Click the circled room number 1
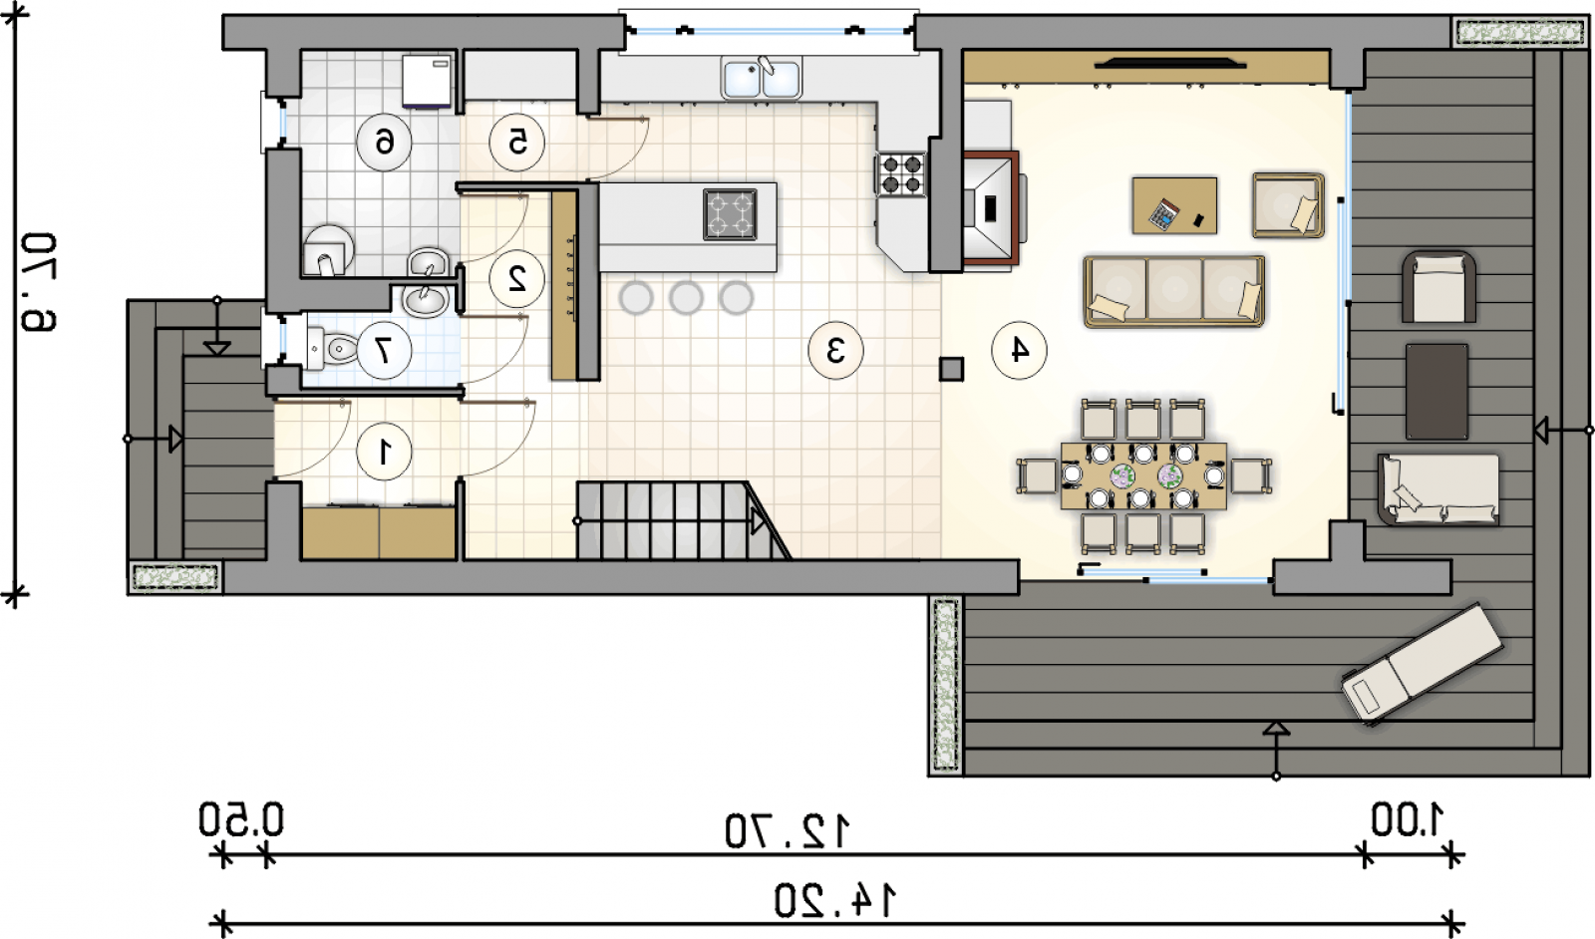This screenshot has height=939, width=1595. pos(385,452)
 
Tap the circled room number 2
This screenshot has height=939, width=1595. pos(517,278)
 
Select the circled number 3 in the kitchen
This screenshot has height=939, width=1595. pos(835,350)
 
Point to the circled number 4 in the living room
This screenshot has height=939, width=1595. pos(1019,350)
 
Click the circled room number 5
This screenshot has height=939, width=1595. pos(517,143)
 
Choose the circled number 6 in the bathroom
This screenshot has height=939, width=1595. pos(385,143)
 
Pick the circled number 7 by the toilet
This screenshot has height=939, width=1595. pos(385,350)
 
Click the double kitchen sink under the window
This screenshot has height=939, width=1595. pos(761,78)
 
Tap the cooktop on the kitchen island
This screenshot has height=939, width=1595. pos(730,214)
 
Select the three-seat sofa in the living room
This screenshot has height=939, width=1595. pos(1174,292)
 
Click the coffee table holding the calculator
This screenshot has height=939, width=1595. pos(1174,205)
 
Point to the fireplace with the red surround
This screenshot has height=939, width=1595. pos(991,208)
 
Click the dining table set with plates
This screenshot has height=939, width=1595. pos(1143,476)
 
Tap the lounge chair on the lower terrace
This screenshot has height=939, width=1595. pos(1422,664)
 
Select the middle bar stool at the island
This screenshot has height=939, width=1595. pos(686,298)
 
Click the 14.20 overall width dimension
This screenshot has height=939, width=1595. pos(835,901)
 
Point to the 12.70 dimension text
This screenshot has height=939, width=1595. pos(788,831)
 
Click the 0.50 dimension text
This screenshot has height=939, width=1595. pos(240,819)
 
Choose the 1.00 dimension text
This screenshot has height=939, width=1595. pos(1407,820)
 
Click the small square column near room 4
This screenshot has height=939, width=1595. pos(951,370)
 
